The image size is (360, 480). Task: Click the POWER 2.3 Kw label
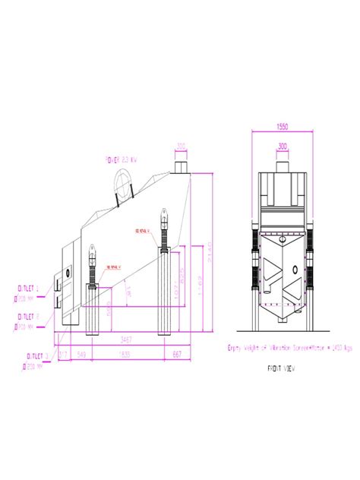click(121, 159)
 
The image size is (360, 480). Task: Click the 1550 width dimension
click(283, 126)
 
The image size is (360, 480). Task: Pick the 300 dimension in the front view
click(283, 146)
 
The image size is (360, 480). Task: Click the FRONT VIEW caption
click(280, 368)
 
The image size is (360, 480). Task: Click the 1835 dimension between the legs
click(125, 355)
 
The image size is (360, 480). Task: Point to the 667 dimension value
click(177, 355)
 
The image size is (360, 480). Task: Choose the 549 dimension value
click(82, 355)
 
